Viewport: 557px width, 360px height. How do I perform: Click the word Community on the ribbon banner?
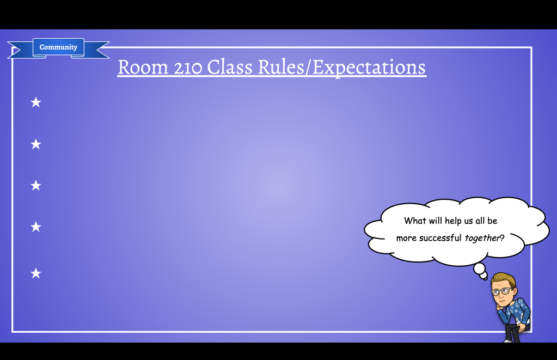pyautogui.click(x=58, y=47)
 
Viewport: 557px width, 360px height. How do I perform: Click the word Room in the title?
pyautogui.click(x=143, y=67)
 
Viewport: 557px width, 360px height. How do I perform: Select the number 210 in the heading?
pyautogui.click(x=187, y=67)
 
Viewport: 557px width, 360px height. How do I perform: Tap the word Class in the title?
pyautogui.click(x=230, y=66)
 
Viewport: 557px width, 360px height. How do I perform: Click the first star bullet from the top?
pyautogui.click(x=36, y=102)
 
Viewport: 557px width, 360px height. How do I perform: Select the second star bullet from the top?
pyautogui.click(x=36, y=144)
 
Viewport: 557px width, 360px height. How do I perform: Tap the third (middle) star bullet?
pyautogui.click(x=36, y=185)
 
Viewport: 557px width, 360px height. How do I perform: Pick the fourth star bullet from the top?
pyautogui.click(x=36, y=227)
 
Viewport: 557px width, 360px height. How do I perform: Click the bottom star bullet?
pyautogui.click(x=36, y=273)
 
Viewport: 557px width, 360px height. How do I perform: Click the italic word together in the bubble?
pyautogui.click(x=482, y=238)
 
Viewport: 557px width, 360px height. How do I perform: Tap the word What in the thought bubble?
pyautogui.click(x=415, y=221)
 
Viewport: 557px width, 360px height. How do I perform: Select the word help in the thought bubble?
pyautogui.click(x=453, y=221)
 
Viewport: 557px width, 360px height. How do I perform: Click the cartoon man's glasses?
pyautogui.click(x=501, y=292)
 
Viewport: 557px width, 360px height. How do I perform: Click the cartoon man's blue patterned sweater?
pyautogui.click(x=515, y=311)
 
